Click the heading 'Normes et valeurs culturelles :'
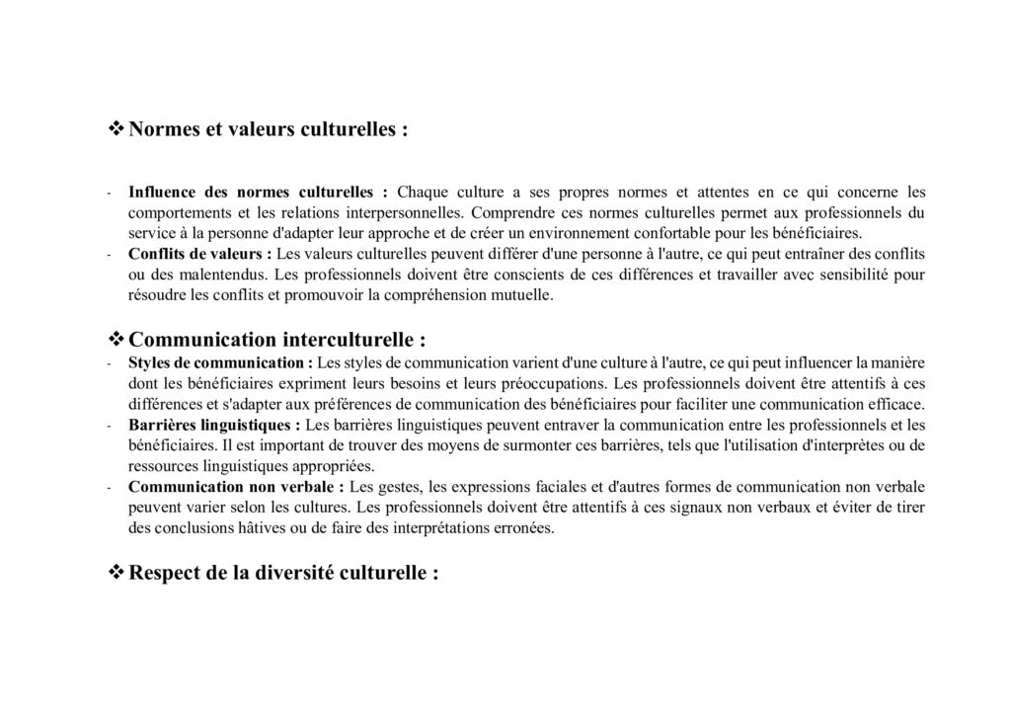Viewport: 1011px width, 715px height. coord(269,129)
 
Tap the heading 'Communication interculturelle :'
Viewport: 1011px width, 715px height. coord(277,341)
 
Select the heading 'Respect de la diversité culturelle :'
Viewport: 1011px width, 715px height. coord(283,574)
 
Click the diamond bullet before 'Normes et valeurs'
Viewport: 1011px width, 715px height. coord(115,128)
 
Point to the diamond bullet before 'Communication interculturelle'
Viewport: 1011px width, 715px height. coord(115,340)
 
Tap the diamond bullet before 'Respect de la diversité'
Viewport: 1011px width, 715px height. coord(115,573)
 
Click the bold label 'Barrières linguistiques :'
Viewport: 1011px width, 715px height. coord(214,425)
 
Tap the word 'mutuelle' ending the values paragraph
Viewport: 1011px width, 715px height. coord(527,295)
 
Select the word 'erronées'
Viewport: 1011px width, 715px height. coord(526,528)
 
